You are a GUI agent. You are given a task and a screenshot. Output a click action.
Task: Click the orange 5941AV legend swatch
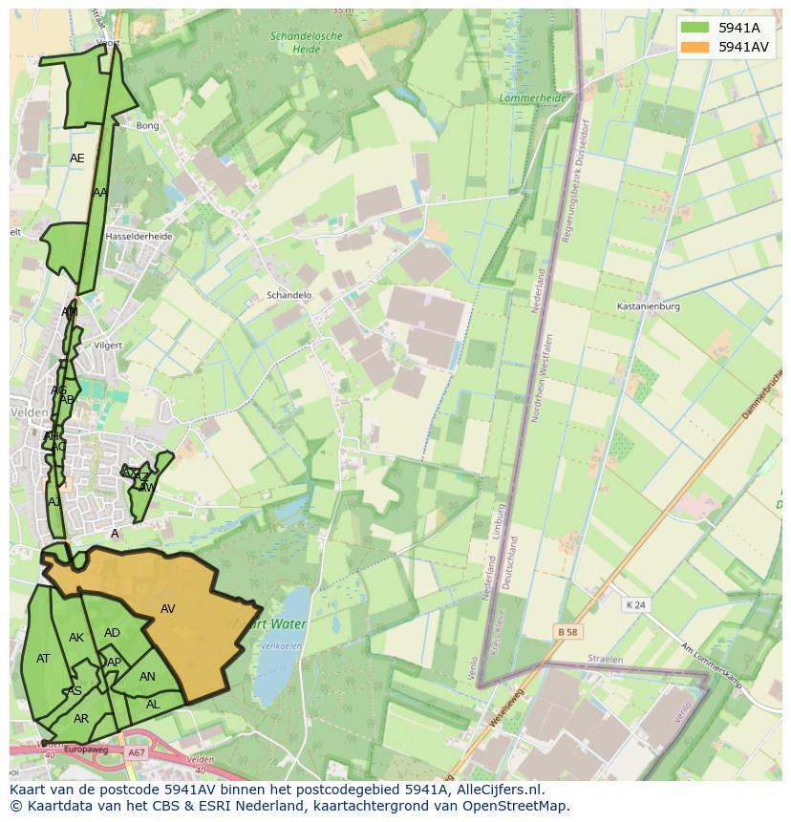tap(695, 47)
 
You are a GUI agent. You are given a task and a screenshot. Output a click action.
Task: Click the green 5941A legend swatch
tap(695, 28)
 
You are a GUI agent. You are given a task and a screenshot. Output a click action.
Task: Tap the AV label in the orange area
tap(167, 609)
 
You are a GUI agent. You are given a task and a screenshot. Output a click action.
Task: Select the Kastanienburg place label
tap(649, 306)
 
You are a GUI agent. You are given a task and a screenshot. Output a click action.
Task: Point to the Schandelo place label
tap(289, 296)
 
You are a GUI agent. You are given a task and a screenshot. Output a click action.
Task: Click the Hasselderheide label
tap(139, 236)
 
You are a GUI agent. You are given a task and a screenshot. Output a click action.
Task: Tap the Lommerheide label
tap(533, 98)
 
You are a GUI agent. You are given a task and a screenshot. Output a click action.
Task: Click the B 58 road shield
tap(568, 632)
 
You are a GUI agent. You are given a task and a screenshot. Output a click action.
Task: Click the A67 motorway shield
tap(136, 753)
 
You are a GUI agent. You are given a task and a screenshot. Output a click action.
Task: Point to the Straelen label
tap(605, 660)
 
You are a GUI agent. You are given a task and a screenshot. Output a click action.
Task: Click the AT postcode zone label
tap(43, 659)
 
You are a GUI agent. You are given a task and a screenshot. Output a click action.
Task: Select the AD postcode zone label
tap(112, 633)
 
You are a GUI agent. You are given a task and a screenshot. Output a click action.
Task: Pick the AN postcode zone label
tap(147, 677)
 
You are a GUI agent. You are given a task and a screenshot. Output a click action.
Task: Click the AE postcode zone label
tap(77, 158)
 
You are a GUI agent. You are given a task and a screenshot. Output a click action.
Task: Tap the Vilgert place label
tap(109, 345)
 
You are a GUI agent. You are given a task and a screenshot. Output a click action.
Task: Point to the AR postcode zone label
tap(81, 719)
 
